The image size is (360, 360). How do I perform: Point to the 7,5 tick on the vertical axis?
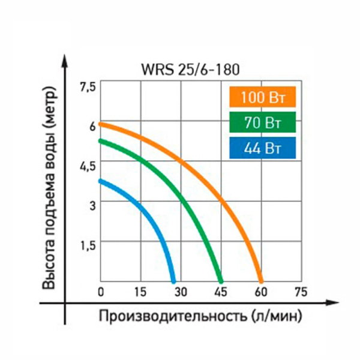(x=88, y=87)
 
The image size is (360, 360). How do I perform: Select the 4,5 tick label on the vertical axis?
(x=88, y=166)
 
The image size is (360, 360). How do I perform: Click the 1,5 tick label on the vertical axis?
(x=88, y=244)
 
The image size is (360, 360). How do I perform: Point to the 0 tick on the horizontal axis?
(x=101, y=292)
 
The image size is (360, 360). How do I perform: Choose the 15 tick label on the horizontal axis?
(x=140, y=292)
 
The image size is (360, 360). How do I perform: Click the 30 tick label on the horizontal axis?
(x=181, y=292)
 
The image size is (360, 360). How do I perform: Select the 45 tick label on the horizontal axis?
(x=220, y=292)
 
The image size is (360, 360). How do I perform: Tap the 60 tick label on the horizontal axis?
(x=260, y=292)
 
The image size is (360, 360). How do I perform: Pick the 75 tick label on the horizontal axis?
(x=301, y=292)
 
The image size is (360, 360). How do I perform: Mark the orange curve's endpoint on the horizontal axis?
(x=260, y=281)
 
